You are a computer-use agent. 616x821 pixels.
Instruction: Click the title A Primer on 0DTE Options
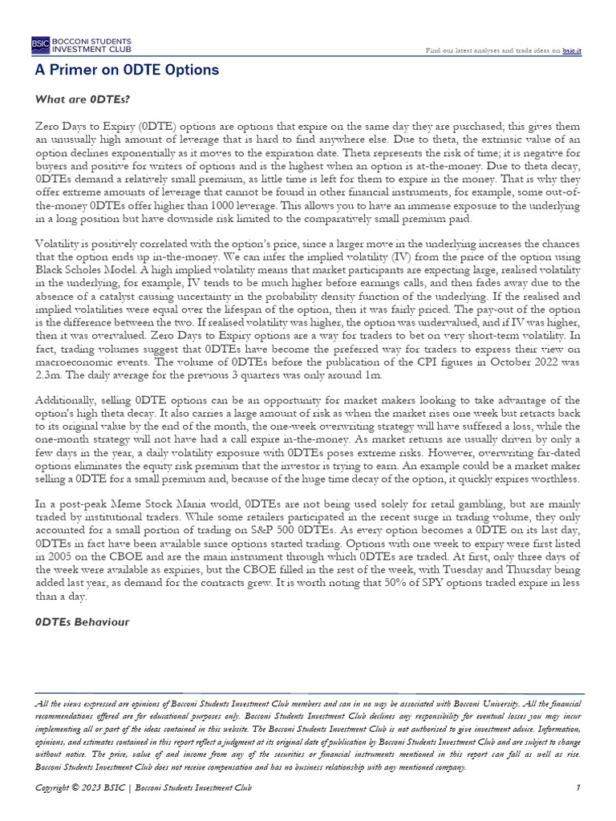[x=127, y=71]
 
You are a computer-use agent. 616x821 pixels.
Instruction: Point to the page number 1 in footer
[x=577, y=789]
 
